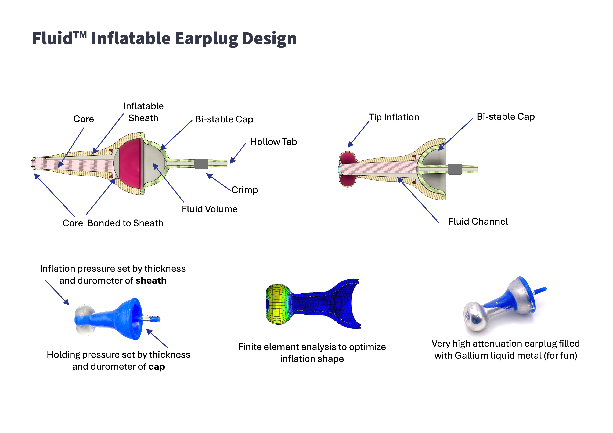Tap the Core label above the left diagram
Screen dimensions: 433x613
pos(84,119)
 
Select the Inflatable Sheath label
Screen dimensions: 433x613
pos(143,112)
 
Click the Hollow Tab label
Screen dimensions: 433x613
pos(273,142)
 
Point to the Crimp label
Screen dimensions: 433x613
pos(245,190)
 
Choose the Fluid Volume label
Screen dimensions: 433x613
pos(210,209)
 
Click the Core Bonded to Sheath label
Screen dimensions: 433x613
pos(113,223)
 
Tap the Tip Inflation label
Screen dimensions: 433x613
pos(394,117)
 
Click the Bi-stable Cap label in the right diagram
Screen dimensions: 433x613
pos(506,117)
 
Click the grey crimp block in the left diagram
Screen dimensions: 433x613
pos(201,164)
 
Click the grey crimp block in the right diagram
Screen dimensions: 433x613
pos(455,169)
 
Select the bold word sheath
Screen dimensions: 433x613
pos(151,281)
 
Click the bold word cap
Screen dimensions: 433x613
pos(157,367)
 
